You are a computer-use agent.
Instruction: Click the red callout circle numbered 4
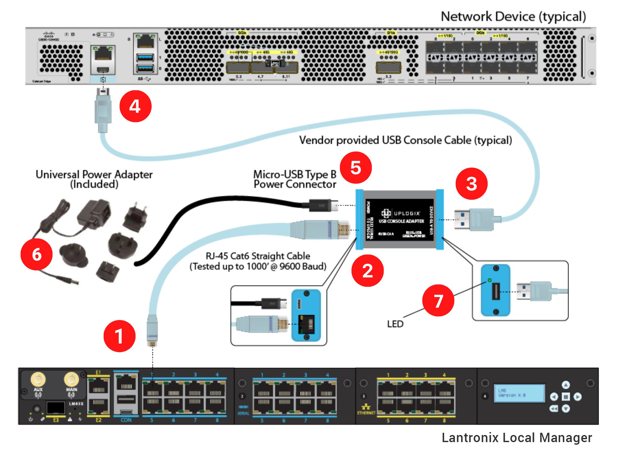(135, 106)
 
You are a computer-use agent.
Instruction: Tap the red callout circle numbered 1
(119, 336)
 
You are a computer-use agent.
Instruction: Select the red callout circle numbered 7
(438, 300)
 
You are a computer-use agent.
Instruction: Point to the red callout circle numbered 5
(356, 168)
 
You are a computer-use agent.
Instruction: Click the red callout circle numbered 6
(36, 254)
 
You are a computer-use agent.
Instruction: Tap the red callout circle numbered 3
(471, 184)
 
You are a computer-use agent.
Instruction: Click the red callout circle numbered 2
(367, 271)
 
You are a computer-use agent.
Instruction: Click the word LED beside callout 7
(395, 324)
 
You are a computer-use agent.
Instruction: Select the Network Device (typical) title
(513, 16)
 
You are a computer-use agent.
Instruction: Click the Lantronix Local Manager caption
(517, 438)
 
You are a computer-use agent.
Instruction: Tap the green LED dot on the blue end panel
(490, 280)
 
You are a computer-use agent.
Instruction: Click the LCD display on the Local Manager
(519, 393)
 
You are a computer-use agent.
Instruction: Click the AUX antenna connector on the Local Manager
(38, 379)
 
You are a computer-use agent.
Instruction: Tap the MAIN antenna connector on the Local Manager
(71, 379)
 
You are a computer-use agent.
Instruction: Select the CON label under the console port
(126, 420)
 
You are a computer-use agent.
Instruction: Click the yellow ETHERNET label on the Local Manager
(366, 413)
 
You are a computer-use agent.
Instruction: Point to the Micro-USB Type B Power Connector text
(295, 179)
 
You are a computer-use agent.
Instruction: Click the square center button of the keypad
(566, 397)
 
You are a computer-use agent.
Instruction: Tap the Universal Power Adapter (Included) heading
(94, 179)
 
